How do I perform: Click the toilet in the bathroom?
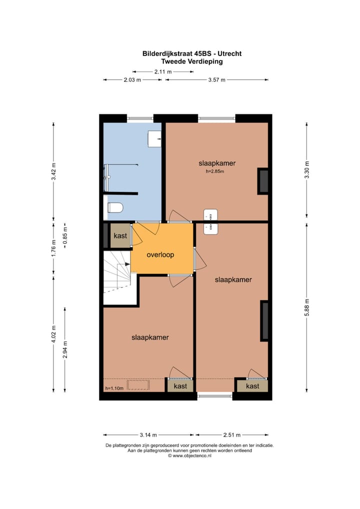point(115,207)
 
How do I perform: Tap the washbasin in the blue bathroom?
point(154,139)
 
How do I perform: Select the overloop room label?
point(160,254)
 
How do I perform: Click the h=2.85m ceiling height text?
point(214,171)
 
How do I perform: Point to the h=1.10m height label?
point(113,388)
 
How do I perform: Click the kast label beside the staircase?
point(120,235)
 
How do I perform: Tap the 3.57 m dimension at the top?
point(216,80)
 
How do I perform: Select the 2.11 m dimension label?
point(163,71)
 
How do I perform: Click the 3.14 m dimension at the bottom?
point(148,434)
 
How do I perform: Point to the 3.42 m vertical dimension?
point(53,171)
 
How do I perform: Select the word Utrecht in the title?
point(230,53)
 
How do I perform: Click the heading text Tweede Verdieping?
point(191,61)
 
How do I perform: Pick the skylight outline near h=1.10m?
point(135,384)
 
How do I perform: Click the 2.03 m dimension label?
point(132,80)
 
